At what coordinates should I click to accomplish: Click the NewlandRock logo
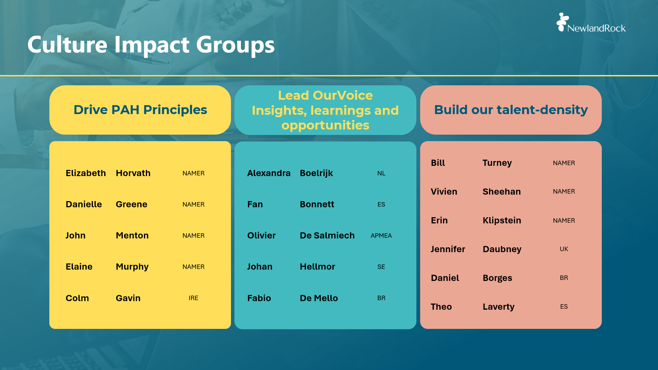tap(591, 23)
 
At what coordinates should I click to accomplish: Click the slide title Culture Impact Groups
tap(151, 45)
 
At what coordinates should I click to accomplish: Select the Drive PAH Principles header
tap(140, 110)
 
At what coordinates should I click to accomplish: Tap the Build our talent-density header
tap(511, 110)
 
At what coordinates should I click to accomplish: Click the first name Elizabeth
tap(86, 173)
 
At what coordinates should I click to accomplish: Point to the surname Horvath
tap(133, 173)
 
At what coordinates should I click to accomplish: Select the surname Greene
tap(132, 204)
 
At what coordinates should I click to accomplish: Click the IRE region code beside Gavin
tap(193, 298)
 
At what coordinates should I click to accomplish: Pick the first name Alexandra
tap(269, 173)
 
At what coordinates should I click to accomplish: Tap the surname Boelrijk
tap(316, 173)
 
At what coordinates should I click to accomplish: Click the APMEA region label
tap(381, 236)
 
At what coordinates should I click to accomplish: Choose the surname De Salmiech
tap(327, 235)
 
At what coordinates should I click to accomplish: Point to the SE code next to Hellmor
tap(381, 267)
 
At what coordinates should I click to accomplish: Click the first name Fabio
tap(259, 298)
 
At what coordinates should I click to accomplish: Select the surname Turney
tap(497, 163)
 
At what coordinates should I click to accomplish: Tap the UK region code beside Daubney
tap(564, 249)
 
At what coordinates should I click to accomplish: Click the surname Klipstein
tap(502, 220)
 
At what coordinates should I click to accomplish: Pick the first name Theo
tap(441, 307)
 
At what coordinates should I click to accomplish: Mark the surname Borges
tap(497, 278)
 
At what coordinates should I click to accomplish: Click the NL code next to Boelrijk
tap(381, 173)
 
